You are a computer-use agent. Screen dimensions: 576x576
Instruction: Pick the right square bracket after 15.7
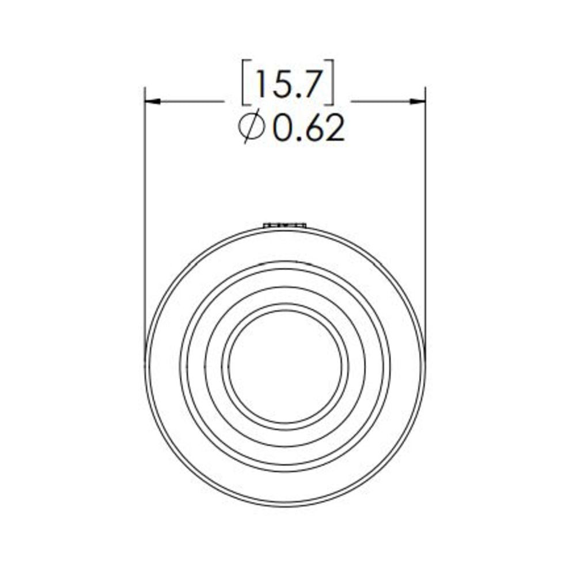click(329, 86)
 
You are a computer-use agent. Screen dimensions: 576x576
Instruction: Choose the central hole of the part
click(285, 366)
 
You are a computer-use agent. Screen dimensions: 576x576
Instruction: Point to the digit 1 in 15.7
click(259, 85)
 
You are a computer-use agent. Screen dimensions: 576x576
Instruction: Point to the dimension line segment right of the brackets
click(380, 101)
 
